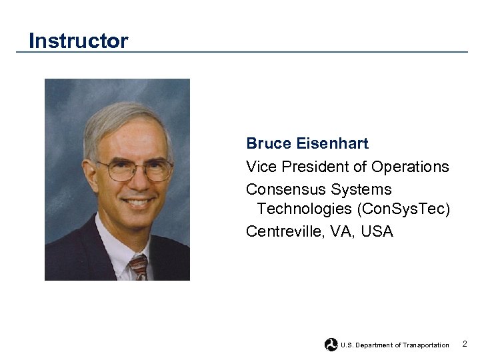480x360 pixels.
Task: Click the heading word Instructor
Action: point(78,41)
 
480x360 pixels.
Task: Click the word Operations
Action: point(410,167)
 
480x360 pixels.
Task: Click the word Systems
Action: point(361,190)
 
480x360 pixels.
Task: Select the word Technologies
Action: point(305,209)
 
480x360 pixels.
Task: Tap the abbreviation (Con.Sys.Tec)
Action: point(404,209)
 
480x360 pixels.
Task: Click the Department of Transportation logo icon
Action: point(331,345)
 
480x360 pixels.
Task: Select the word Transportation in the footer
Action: point(426,345)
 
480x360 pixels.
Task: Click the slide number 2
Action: point(465,344)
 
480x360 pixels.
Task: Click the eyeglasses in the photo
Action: point(133,169)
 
